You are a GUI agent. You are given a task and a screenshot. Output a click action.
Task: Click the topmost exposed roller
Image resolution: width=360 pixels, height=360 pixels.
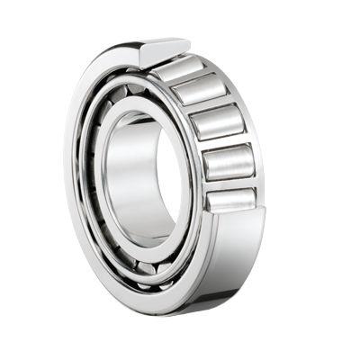pyautogui.click(x=180, y=67)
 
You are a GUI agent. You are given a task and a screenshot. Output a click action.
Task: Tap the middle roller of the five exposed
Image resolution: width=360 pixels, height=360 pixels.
pyautogui.click(x=216, y=121)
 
